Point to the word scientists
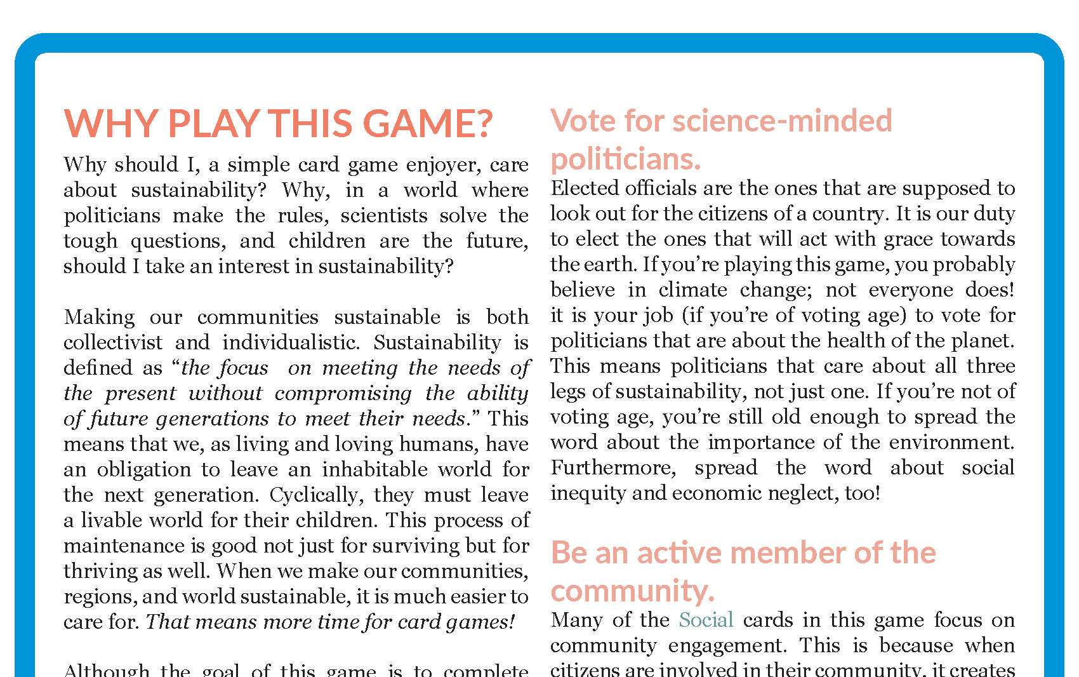point(384,215)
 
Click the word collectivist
point(113,342)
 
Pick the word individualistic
point(291,342)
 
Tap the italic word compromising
point(343,393)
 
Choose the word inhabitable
point(375,469)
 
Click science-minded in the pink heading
point(782,121)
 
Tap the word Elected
point(585,188)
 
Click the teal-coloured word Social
point(706,620)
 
